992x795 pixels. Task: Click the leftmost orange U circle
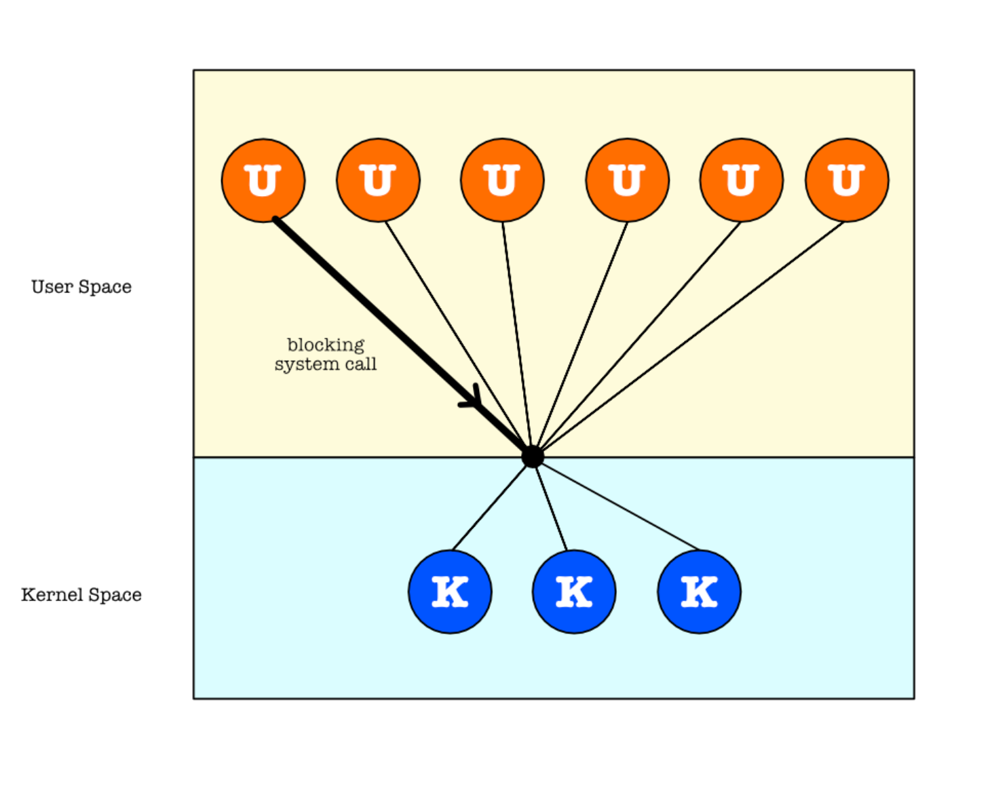(x=263, y=180)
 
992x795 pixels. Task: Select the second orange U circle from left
(x=378, y=180)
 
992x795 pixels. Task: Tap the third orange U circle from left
(x=502, y=180)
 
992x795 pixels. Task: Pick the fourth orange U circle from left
(x=628, y=180)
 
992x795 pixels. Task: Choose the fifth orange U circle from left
(x=742, y=180)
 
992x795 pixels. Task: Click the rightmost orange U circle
(x=847, y=180)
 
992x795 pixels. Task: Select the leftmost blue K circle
(x=450, y=592)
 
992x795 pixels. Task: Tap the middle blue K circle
(x=574, y=592)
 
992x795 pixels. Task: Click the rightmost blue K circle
(x=699, y=592)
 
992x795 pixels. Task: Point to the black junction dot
(x=533, y=457)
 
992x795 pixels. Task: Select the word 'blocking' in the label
(x=326, y=345)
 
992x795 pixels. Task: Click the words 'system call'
(x=326, y=364)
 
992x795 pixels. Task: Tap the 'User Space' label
(x=81, y=287)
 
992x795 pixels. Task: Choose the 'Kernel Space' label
(x=81, y=595)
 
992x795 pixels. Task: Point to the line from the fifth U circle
(x=638, y=339)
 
